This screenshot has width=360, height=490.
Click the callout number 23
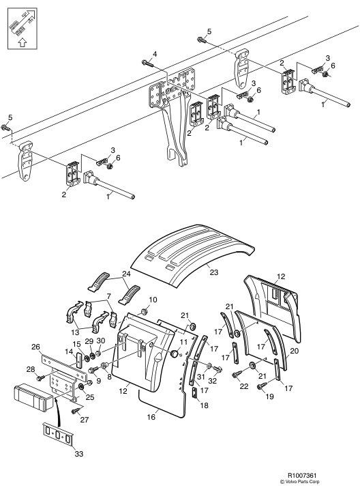[213, 272]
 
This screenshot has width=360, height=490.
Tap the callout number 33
[79, 453]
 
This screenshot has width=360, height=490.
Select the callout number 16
[151, 417]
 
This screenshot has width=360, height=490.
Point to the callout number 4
[155, 54]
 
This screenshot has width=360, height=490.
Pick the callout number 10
[153, 300]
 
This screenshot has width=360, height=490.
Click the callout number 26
[36, 347]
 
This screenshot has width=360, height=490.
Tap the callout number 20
[294, 351]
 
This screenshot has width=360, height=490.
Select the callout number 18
[204, 405]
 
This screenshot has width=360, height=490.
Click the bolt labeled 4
[148, 63]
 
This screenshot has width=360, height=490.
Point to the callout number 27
[85, 420]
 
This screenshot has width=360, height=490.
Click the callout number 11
[183, 342]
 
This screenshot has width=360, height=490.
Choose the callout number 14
[68, 351]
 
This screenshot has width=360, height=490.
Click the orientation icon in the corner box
[22, 29]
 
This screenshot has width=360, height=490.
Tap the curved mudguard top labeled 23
[192, 253]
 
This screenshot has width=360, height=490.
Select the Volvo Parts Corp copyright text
[301, 482]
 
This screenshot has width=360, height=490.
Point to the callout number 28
[31, 370]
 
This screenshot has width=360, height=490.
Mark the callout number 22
[244, 386]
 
